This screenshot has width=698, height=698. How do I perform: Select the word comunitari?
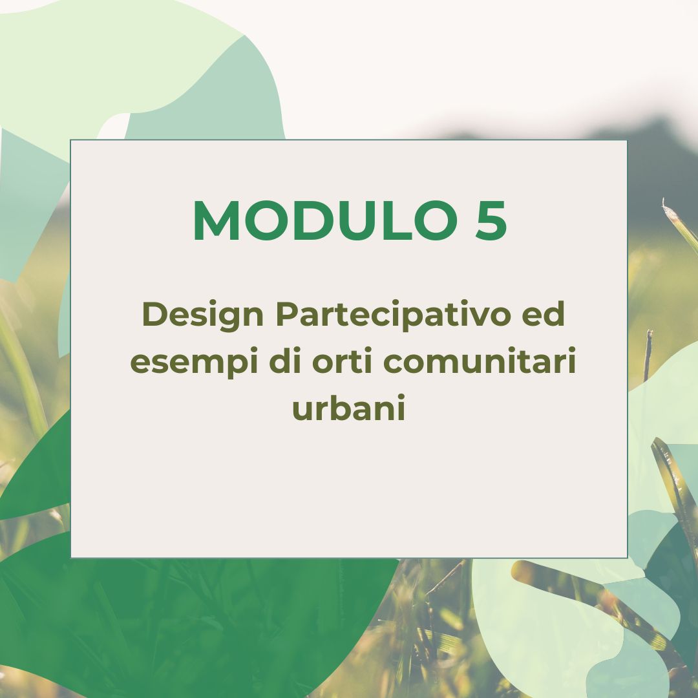click(480, 361)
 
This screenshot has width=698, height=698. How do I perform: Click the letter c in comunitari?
click(393, 363)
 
